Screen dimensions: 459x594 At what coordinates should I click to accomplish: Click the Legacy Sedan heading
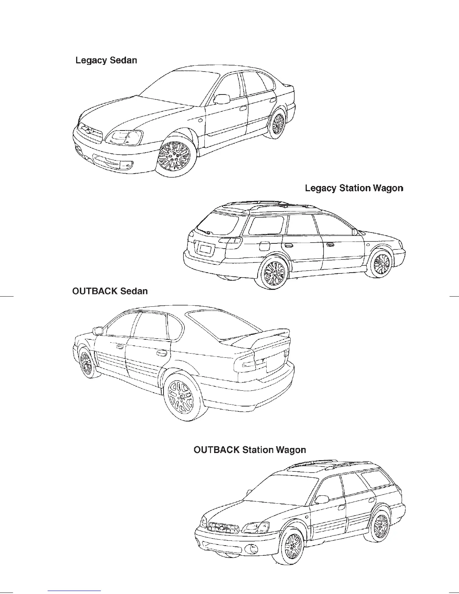pyautogui.click(x=106, y=60)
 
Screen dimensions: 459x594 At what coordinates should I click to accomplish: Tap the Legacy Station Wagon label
pyautogui.click(x=354, y=188)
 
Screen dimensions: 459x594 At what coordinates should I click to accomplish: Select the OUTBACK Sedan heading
pyautogui.click(x=109, y=291)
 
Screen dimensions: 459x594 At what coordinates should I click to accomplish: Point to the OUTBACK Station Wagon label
pyautogui.click(x=249, y=450)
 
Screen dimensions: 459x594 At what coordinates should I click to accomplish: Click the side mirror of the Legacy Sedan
pyautogui.click(x=222, y=99)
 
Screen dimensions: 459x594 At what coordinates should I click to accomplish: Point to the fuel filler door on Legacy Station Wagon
pyautogui.click(x=264, y=246)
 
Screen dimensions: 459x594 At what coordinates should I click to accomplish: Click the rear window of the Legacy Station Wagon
pyautogui.click(x=218, y=222)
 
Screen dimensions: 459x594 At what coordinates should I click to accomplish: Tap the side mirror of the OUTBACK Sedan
pyautogui.click(x=98, y=331)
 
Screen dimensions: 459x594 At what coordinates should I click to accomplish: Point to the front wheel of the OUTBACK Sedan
pyautogui.click(x=86, y=363)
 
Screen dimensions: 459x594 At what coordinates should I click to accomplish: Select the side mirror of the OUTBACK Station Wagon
pyautogui.click(x=322, y=499)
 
